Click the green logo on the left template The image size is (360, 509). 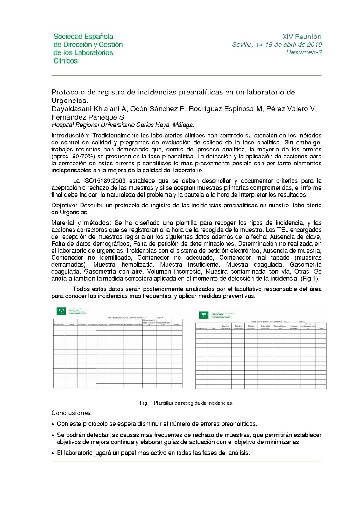coord(61,311)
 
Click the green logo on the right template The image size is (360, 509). coord(203,315)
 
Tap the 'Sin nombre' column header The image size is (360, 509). coord(92,324)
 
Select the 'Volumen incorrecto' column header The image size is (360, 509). coord(294,327)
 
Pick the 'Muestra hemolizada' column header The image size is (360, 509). coord(225,327)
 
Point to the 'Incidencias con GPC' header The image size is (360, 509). coord(164,324)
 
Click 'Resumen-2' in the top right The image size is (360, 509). coord(304,52)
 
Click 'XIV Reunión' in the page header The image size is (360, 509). coord(302,37)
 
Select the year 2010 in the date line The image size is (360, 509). coord(314,45)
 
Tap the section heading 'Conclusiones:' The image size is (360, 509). coord(72,413)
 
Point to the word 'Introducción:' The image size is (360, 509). coord(71,136)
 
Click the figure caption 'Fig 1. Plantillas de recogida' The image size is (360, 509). coord(186,403)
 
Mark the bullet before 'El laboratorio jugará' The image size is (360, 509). coord(53,453)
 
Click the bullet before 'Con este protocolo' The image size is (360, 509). coord(53,424)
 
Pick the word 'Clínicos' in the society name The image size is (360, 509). coord(66,61)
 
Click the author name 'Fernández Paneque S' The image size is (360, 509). coord(88,117)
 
